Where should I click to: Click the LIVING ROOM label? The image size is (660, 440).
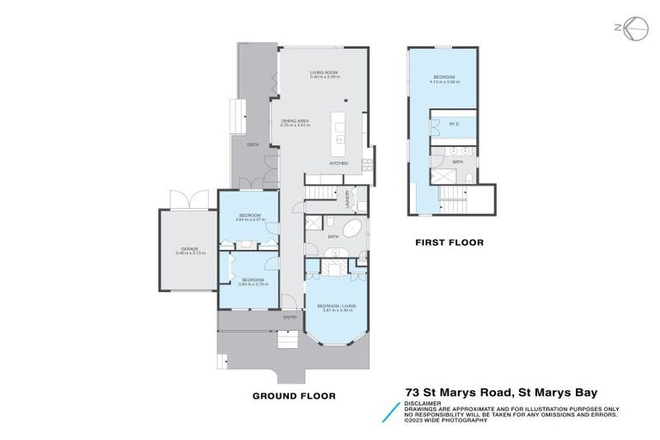click(323, 72)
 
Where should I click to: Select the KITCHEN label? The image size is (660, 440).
click(339, 163)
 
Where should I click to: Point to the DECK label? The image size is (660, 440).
click(253, 144)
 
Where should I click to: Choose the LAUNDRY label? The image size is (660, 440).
click(348, 198)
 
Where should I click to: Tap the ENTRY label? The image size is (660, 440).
click(290, 317)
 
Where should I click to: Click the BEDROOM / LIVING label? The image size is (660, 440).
click(336, 306)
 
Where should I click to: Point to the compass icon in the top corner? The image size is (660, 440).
click(633, 27)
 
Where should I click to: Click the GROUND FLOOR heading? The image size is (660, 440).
click(293, 396)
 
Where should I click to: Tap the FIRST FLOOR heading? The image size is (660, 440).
click(449, 243)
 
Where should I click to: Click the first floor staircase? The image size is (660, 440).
click(453, 205)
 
